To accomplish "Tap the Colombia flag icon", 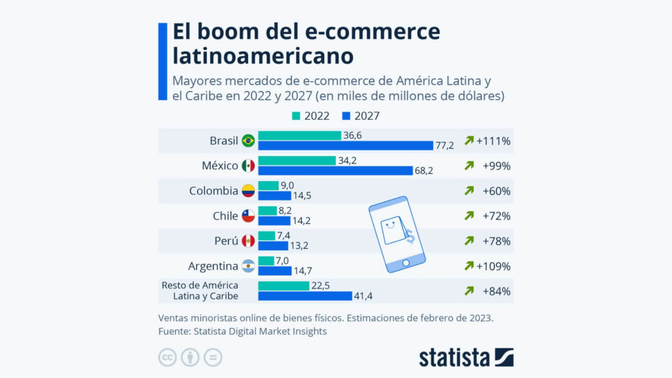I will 248,191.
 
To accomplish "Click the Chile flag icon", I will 248,216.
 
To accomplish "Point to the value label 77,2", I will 446,145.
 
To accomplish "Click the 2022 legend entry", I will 311,117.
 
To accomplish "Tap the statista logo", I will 466,357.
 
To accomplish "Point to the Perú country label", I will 226,241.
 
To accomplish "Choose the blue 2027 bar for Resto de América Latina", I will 305,296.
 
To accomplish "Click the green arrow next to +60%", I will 469,191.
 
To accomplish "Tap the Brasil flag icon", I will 248,140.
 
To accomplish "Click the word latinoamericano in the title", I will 263,55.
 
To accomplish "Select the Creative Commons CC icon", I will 167,357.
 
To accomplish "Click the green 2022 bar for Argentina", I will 266,261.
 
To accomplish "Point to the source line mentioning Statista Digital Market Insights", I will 242,331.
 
